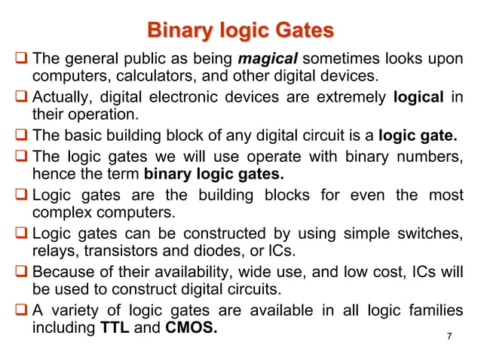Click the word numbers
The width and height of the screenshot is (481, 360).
pyautogui.click(x=427, y=157)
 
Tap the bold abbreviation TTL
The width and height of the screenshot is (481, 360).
pyautogui.click(x=115, y=329)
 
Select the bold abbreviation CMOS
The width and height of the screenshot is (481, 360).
pyautogui.click(x=189, y=329)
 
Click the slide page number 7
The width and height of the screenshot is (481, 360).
pyautogui.click(x=449, y=336)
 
